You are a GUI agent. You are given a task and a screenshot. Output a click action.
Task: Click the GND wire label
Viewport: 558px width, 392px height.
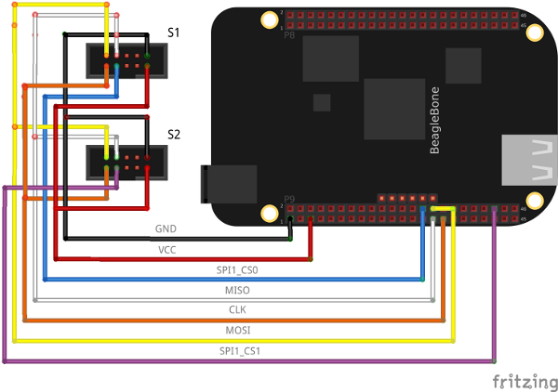pos(166,228)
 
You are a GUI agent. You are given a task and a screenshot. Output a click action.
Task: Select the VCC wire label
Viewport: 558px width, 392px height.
pos(166,250)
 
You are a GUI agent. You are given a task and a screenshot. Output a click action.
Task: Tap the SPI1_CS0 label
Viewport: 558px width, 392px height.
pos(237,269)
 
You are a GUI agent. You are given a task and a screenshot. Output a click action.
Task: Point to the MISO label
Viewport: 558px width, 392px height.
pos(237,290)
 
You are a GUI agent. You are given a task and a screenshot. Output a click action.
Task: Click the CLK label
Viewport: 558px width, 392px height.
pos(237,309)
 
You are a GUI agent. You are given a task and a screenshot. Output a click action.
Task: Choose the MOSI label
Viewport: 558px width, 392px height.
pos(237,330)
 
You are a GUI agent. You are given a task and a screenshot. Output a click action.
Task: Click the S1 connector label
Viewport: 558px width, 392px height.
pos(174,33)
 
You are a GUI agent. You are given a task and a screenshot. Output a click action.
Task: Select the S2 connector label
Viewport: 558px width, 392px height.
pos(174,134)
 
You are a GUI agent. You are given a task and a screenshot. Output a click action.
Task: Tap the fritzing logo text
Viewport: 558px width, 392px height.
pos(525,381)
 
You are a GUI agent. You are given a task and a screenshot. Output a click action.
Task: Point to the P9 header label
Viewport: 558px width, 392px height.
pos(289,198)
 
